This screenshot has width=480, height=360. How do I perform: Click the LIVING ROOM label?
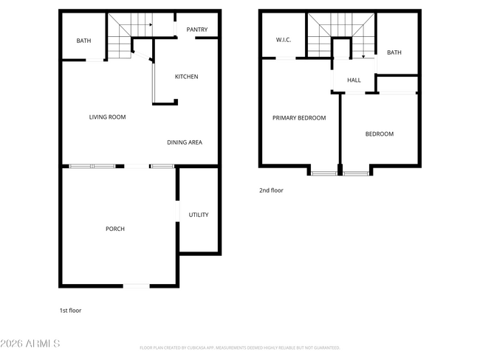click(107, 117)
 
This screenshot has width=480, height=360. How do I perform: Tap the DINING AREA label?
click(184, 142)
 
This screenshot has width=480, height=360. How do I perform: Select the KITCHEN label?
click(186, 77)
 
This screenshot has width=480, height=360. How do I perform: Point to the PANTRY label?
click(196, 30)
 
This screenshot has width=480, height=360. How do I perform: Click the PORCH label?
click(115, 229)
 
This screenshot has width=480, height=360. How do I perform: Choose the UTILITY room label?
click(199, 215)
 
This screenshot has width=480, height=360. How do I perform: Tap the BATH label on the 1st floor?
click(83, 41)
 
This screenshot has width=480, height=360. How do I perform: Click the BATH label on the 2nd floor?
click(394, 52)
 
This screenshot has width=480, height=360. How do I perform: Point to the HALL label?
click(354, 80)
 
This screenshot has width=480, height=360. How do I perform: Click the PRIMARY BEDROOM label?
click(299, 118)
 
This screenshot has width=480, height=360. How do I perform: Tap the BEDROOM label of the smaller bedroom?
click(380, 134)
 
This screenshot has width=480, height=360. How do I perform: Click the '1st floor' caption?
click(70, 311)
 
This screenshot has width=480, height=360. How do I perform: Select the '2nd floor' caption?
click(271, 190)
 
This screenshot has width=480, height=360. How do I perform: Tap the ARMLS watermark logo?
click(31, 344)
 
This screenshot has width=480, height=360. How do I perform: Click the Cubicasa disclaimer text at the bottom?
click(239, 347)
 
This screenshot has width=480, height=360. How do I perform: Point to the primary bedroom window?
click(323, 173)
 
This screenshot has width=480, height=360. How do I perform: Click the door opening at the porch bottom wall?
click(135, 285)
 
